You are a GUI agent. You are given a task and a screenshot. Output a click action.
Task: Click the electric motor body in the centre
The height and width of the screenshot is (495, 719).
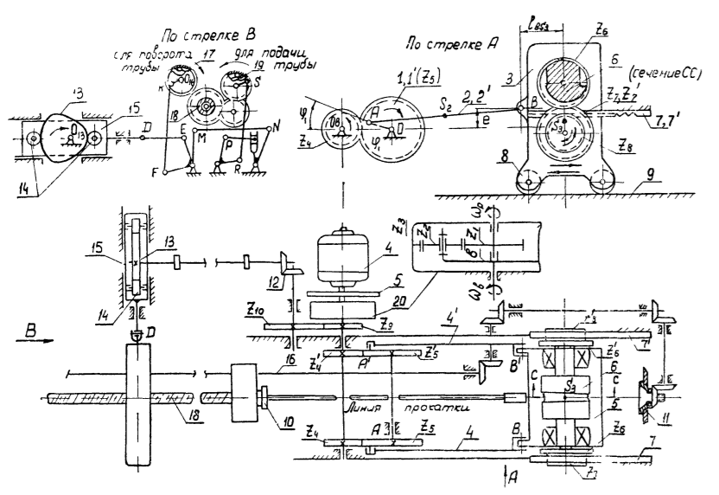pos(347,253)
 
